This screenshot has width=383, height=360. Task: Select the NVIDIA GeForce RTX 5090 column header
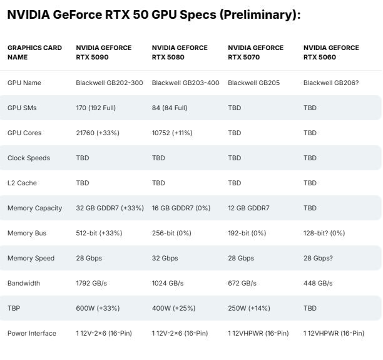tap(104, 52)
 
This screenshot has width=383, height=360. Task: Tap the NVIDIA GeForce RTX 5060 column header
tap(331, 52)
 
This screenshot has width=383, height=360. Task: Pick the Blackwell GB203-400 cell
tap(185, 83)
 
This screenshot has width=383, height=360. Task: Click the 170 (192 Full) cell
tap(96, 108)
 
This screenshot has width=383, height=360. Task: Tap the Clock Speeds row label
tap(28, 158)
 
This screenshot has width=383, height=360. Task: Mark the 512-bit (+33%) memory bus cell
tap(99, 233)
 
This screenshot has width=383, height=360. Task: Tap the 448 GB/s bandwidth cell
tap(319, 283)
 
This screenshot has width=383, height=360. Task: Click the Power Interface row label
tap(31, 333)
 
